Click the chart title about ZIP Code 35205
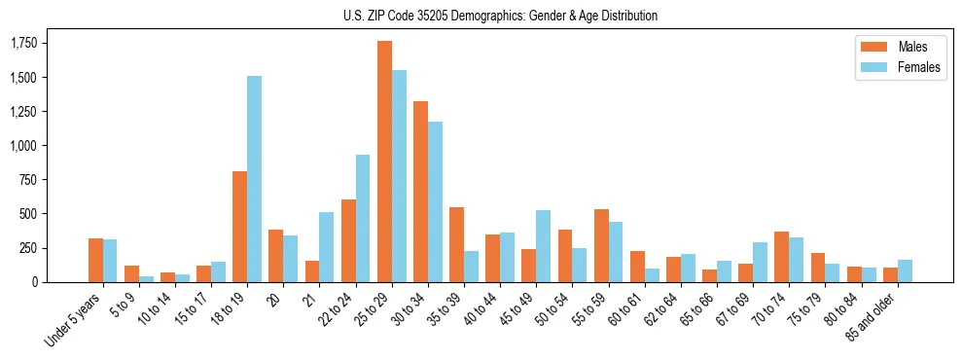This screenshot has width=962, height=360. [x=500, y=16]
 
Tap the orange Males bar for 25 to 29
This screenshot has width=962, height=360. [x=384, y=162]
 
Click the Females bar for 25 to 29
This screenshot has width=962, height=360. [x=399, y=176]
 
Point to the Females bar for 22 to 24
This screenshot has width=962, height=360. [x=363, y=218]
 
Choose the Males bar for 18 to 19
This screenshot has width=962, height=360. [x=239, y=227]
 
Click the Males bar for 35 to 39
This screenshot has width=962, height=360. [x=456, y=244]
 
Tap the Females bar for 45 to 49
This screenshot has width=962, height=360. [x=543, y=246]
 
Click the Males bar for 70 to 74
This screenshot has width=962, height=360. [x=781, y=257]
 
